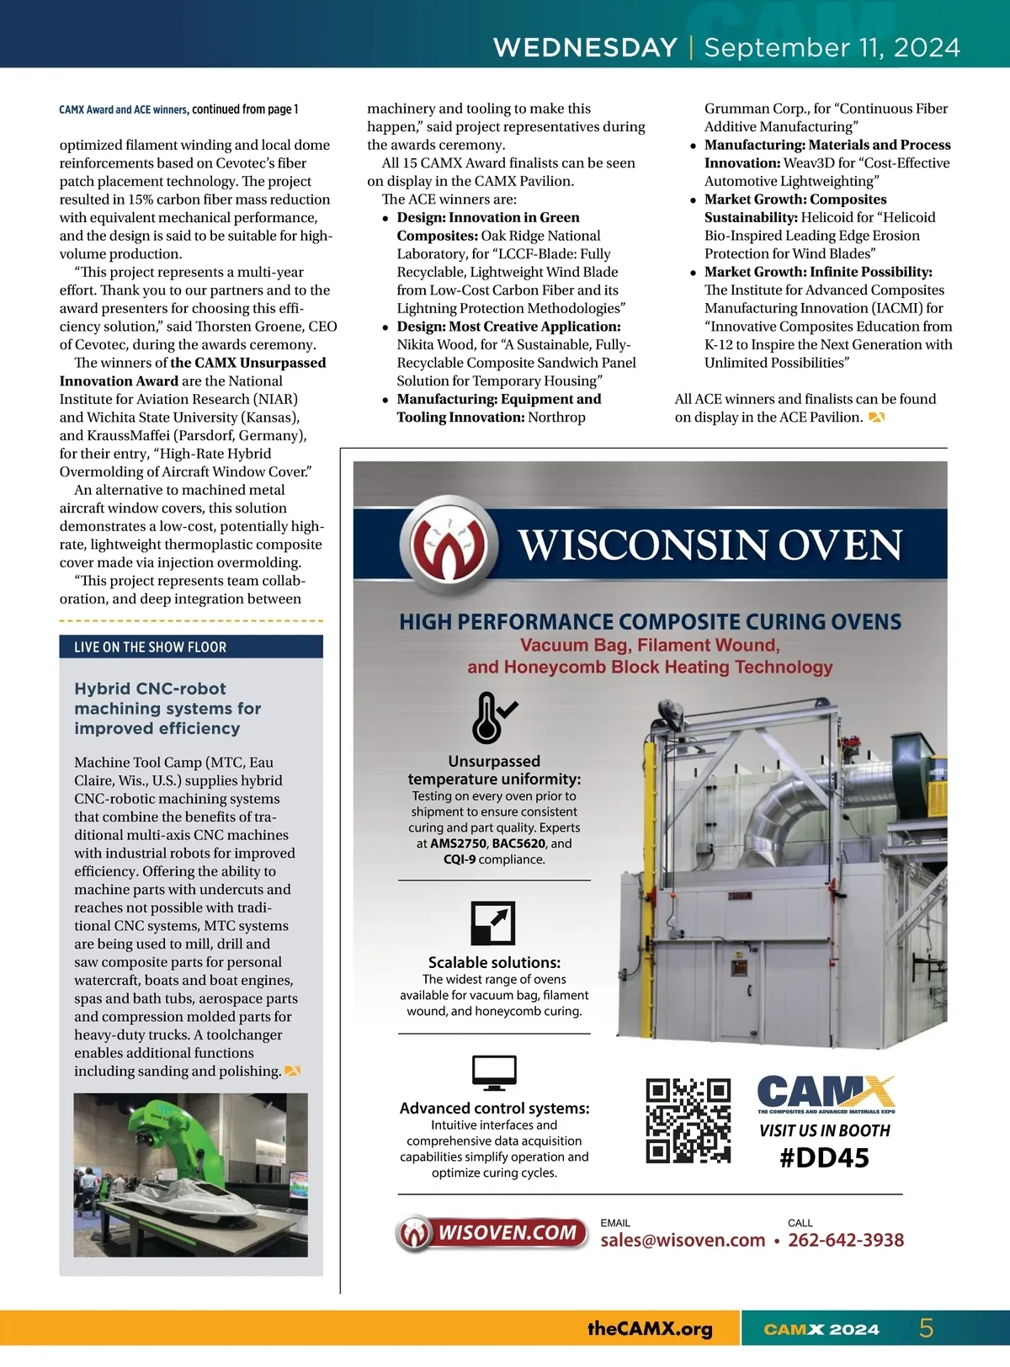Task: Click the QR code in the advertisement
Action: coord(688,1120)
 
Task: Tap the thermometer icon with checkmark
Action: coord(493,717)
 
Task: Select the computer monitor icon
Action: coord(494,1072)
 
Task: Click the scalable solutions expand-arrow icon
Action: coord(493,923)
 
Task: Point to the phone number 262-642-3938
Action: coord(845,1240)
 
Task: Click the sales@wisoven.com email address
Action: coord(683,1240)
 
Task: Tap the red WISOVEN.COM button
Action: coord(492,1233)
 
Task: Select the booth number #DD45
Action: coord(824,1158)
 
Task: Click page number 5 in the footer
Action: coord(926,1328)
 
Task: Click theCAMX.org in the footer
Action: coord(650,1328)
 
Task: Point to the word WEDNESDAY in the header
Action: coord(585,47)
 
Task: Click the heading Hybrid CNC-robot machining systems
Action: coord(167,708)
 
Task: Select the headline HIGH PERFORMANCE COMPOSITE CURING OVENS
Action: coord(650,622)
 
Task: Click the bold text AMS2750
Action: coord(458,843)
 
